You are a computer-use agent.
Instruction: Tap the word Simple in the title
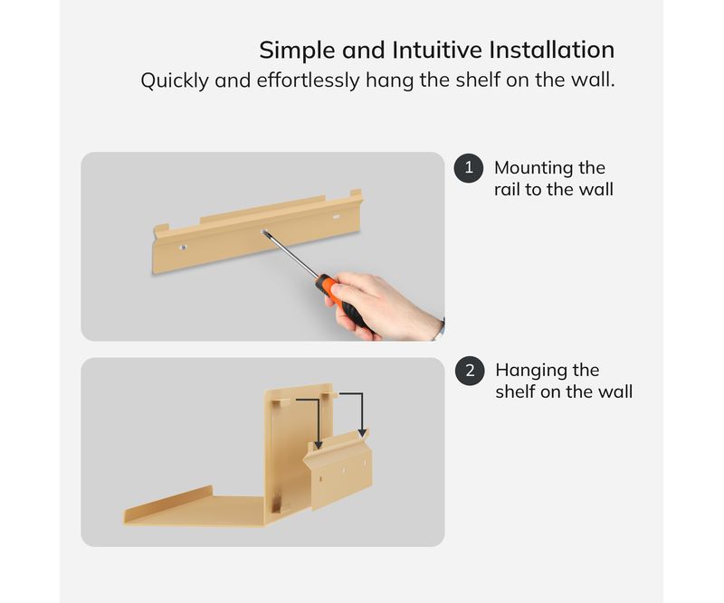click(x=297, y=50)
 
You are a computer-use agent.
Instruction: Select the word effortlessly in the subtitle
click(x=308, y=80)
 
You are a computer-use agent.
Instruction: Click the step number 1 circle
click(x=469, y=168)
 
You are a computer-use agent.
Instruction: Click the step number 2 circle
click(x=470, y=371)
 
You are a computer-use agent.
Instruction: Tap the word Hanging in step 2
click(x=530, y=371)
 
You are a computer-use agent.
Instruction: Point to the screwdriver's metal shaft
click(x=291, y=254)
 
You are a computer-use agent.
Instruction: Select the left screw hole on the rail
click(x=184, y=248)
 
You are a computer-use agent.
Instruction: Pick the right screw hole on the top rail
click(x=336, y=216)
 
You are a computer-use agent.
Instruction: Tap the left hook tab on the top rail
click(x=161, y=230)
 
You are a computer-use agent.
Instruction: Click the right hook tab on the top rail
click(x=356, y=193)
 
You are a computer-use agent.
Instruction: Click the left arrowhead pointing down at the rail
click(x=319, y=445)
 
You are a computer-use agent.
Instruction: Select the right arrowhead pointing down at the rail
click(x=363, y=433)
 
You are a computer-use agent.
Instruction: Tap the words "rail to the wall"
click(x=554, y=190)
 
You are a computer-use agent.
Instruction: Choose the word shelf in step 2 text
click(x=515, y=391)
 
